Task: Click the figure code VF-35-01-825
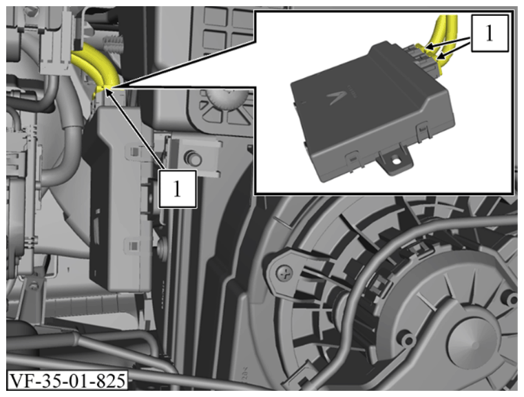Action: click(67, 380)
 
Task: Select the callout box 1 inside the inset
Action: click(490, 33)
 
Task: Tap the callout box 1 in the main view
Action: click(178, 189)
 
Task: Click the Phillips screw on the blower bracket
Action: click(284, 274)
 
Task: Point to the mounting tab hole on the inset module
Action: click(397, 161)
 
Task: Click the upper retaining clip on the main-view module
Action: click(134, 151)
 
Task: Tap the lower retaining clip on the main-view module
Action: click(134, 245)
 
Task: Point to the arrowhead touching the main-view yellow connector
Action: click(107, 90)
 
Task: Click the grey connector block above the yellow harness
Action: click(55, 50)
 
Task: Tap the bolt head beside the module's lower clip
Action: click(163, 247)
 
